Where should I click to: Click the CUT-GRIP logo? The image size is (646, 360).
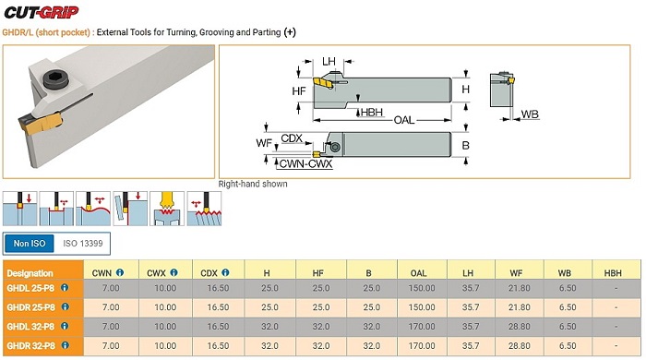point(42,12)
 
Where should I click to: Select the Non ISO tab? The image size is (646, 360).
point(30,244)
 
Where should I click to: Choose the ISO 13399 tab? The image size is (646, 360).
point(83,244)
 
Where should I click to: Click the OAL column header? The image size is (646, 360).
point(418,273)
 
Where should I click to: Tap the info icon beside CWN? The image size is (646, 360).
point(120,272)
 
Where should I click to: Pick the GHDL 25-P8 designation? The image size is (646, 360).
point(30,288)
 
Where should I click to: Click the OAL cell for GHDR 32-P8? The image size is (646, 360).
point(422,345)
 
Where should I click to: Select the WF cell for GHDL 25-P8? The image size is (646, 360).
point(519,288)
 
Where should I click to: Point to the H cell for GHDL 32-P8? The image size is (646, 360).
point(269,327)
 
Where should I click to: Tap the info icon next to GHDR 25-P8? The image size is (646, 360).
point(66,306)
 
